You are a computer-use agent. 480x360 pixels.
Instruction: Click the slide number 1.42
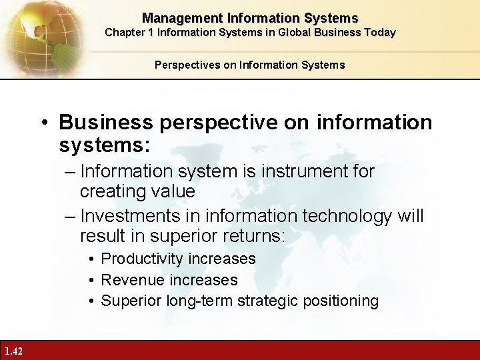tap(13, 351)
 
